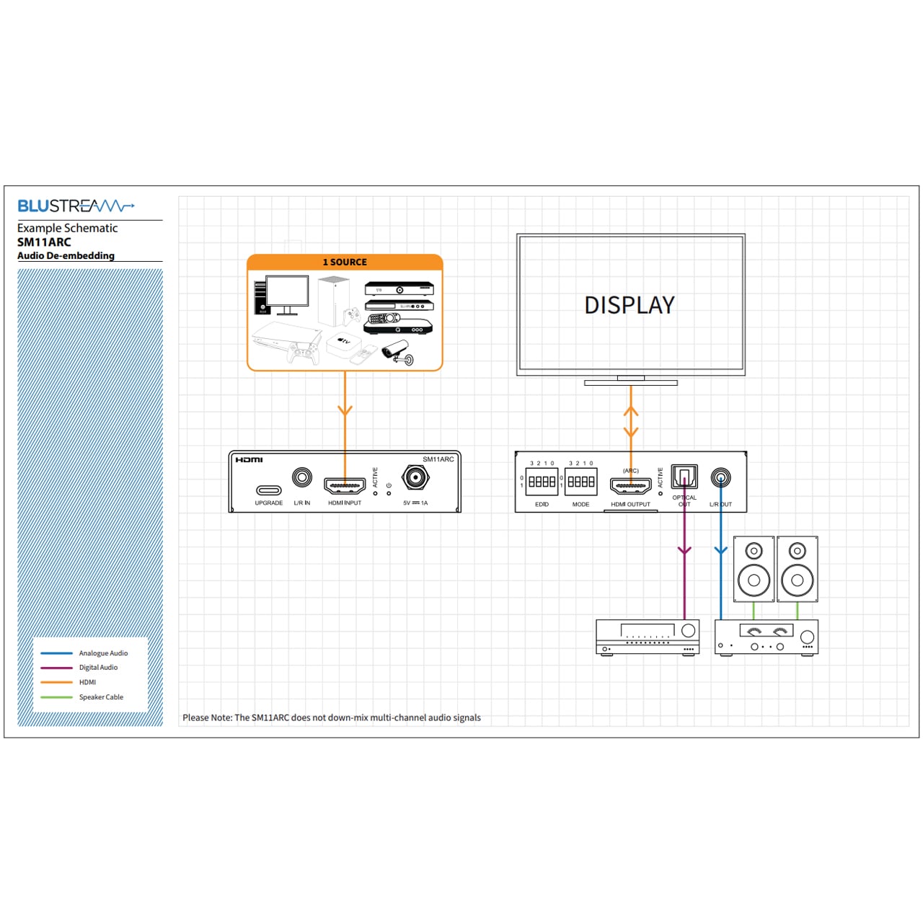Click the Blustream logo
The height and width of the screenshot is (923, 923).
76,206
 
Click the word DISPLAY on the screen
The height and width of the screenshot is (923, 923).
630,305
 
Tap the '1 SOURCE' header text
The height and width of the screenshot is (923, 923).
345,262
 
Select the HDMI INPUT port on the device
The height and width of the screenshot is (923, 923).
345,485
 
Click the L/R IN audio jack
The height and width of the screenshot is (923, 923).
302,477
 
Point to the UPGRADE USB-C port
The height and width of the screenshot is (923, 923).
268,490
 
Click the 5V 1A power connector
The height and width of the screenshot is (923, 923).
415,477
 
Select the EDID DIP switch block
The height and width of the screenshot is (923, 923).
542,481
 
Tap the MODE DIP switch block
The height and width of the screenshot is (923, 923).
580,481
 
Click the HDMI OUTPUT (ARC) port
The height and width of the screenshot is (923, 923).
630,485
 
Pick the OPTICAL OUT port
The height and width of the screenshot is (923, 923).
684,477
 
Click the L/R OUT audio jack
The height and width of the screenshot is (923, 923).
720,477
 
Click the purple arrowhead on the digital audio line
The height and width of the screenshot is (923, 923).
684,551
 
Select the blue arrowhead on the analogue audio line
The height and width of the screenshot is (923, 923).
720,551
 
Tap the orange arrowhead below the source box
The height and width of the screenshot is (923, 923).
345,410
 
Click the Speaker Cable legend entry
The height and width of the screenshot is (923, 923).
100,697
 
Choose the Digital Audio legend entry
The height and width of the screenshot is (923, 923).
98,668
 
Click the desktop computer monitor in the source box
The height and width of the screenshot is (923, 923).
286,291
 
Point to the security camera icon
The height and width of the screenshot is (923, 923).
397,353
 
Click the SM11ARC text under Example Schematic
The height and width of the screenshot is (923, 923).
44,242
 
